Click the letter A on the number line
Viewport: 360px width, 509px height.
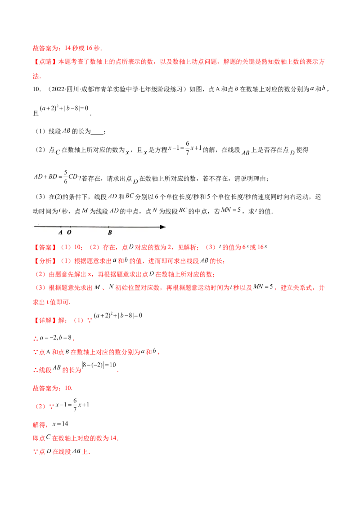tap(60, 233)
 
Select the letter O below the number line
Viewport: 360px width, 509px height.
tap(69, 233)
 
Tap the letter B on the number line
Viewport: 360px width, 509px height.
tap(109, 233)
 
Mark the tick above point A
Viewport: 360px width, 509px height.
tap(61, 226)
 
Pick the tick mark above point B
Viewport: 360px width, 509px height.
tap(109, 226)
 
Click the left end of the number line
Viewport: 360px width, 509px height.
tap(35, 227)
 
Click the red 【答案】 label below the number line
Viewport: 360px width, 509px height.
tap(44, 247)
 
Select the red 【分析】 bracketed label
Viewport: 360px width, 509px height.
tap(44, 261)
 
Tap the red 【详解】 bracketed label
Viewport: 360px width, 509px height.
tap(44, 321)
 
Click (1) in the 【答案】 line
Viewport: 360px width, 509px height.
tap(66, 247)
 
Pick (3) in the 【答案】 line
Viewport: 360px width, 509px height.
tap(209, 247)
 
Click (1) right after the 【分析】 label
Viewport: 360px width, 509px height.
tap(66, 261)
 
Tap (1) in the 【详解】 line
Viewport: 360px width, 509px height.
tap(77, 321)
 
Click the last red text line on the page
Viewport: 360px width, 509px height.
tap(61, 452)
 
